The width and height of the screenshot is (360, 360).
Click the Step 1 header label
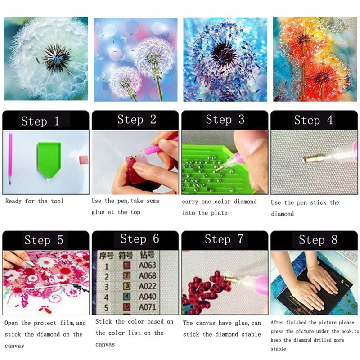click(40, 121)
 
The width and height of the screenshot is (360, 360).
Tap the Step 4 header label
click(314, 120)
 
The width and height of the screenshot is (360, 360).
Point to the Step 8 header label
click(318, 239)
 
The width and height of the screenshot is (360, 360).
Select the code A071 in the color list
click(147, 308)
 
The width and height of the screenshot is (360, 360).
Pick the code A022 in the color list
click(147, 286)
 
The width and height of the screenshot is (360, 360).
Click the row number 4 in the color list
click(107, 297)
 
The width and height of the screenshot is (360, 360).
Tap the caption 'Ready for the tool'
click(34, 201)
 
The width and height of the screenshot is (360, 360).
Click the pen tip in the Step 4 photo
click(307, 158)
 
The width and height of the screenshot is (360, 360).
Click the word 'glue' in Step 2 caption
click(98, 212)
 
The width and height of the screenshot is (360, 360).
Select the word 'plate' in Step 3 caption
click(219, 213)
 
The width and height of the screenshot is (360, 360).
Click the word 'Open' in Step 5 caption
click(12, 323)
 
